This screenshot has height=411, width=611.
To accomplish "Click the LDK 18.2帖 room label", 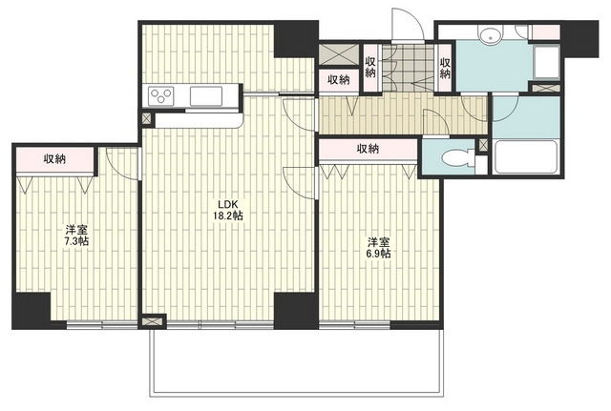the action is point(227,210).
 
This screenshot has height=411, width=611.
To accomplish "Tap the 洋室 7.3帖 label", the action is point(76,236).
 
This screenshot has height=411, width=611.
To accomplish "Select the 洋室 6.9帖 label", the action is point(378,248).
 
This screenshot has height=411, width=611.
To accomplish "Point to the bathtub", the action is point(525,156).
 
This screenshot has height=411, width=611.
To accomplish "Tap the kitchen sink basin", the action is point(206,95).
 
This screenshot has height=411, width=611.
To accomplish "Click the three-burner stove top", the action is point(161,95).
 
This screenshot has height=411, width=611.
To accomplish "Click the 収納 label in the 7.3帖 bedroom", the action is point(54,159).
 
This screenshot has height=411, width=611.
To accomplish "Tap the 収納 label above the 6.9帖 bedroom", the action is point(368,149).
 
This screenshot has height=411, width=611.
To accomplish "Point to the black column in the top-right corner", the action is point(579,38).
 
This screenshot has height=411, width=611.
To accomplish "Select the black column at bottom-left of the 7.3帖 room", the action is point(32,311).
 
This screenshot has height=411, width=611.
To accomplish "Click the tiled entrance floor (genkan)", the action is point(409,68).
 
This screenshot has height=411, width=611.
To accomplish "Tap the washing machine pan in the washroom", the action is point(547,63).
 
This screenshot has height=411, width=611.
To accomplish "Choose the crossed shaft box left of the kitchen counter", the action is point(147,119).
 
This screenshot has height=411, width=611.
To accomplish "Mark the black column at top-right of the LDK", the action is point(296,39).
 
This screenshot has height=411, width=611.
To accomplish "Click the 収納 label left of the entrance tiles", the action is point(370,68).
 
